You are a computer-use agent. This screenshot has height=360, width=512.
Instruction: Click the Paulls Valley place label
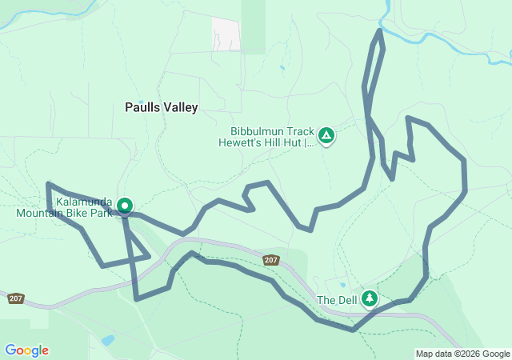point(161,106)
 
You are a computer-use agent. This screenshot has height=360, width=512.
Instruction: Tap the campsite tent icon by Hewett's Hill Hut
point(326,136)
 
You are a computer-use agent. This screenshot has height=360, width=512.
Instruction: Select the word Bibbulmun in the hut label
point(255,130)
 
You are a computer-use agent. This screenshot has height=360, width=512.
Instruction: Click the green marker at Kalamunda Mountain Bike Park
point(125,206)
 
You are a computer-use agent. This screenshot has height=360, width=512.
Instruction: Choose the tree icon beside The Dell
point(370,298)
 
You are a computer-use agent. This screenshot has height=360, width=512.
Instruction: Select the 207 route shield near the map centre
point(270,260)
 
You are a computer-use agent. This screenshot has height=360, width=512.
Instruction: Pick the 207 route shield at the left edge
point(16,298)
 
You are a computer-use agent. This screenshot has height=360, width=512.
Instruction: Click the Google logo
point(26,350)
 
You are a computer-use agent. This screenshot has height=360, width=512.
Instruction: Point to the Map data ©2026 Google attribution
point(462,354)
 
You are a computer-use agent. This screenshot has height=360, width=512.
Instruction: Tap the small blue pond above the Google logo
point(107,340)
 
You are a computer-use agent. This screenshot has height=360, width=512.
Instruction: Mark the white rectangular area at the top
point(226,33)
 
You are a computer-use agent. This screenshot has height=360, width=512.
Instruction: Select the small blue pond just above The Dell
point(342,285)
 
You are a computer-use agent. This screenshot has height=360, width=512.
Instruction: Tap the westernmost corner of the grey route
point(48,184)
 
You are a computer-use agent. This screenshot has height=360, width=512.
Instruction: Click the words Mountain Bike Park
point(64,214)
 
